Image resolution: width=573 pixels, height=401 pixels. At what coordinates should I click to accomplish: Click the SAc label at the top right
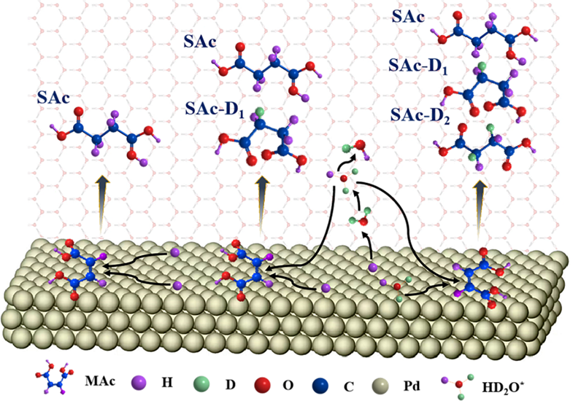409,16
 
